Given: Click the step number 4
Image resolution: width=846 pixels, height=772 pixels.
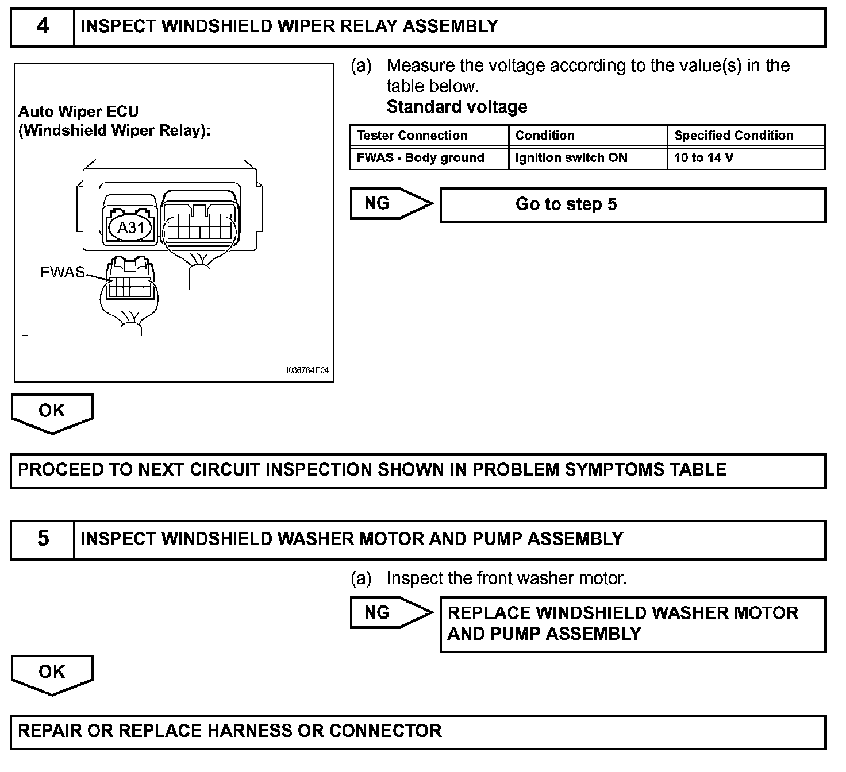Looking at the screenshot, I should click(x=43, y=26).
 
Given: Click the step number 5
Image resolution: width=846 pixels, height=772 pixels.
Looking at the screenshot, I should click(x=43, y=539).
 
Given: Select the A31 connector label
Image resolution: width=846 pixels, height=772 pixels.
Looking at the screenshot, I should click(x=130, y=228).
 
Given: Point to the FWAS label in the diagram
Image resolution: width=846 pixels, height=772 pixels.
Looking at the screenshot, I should click(x=62, y=272).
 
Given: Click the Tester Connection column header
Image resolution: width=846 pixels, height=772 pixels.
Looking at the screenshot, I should click(x=412, y=136).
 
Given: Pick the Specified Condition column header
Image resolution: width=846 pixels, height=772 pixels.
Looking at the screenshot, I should click(x=733, y=136).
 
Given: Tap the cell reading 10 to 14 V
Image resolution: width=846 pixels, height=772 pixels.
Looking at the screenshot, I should click(x=703, y=158).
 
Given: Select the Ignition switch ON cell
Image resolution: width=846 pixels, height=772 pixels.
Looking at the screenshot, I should click(x=571, y=158).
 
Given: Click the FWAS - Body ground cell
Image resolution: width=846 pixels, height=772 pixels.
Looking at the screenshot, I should click(x=420, y=158).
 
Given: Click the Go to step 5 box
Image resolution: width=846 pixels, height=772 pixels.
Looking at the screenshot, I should click(x=632, y=204).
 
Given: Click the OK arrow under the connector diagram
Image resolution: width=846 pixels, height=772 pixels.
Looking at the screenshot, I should click(x=52, y=412).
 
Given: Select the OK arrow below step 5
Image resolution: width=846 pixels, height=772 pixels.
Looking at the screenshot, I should click(x=52, y=673).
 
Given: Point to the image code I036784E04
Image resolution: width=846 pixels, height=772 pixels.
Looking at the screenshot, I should click(x=307, y=370).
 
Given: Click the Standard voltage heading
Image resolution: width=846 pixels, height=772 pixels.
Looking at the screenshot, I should click(x=456, y=107).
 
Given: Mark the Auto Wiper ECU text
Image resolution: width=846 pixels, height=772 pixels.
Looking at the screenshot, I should click(x=78, y=111).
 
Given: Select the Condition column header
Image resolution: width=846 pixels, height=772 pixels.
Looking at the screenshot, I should click(x=545, y=136).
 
